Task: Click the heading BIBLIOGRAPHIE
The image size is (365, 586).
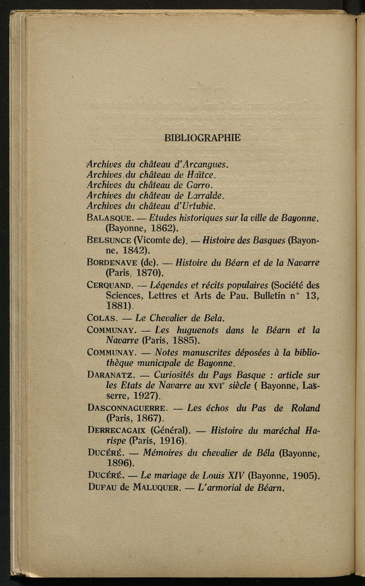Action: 202,138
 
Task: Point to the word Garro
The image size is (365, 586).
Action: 200,185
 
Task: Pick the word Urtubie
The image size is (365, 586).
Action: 199,206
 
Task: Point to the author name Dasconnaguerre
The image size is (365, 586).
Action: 127,408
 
